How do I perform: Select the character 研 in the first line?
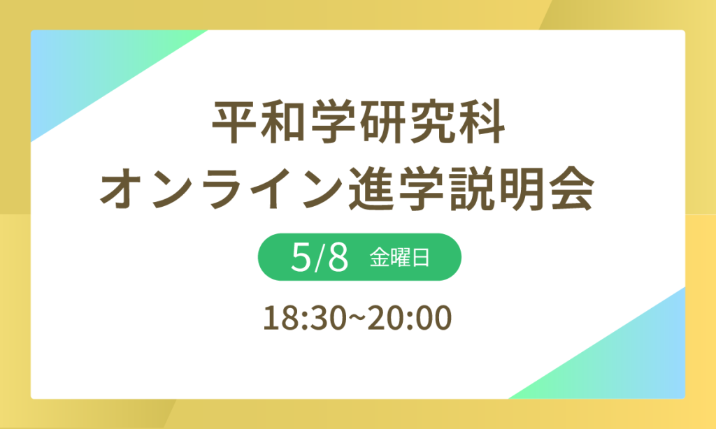click(x=382, y=125)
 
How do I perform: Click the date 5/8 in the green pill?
click(x=319, y=258)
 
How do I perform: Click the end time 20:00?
click(x=414, y=319)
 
